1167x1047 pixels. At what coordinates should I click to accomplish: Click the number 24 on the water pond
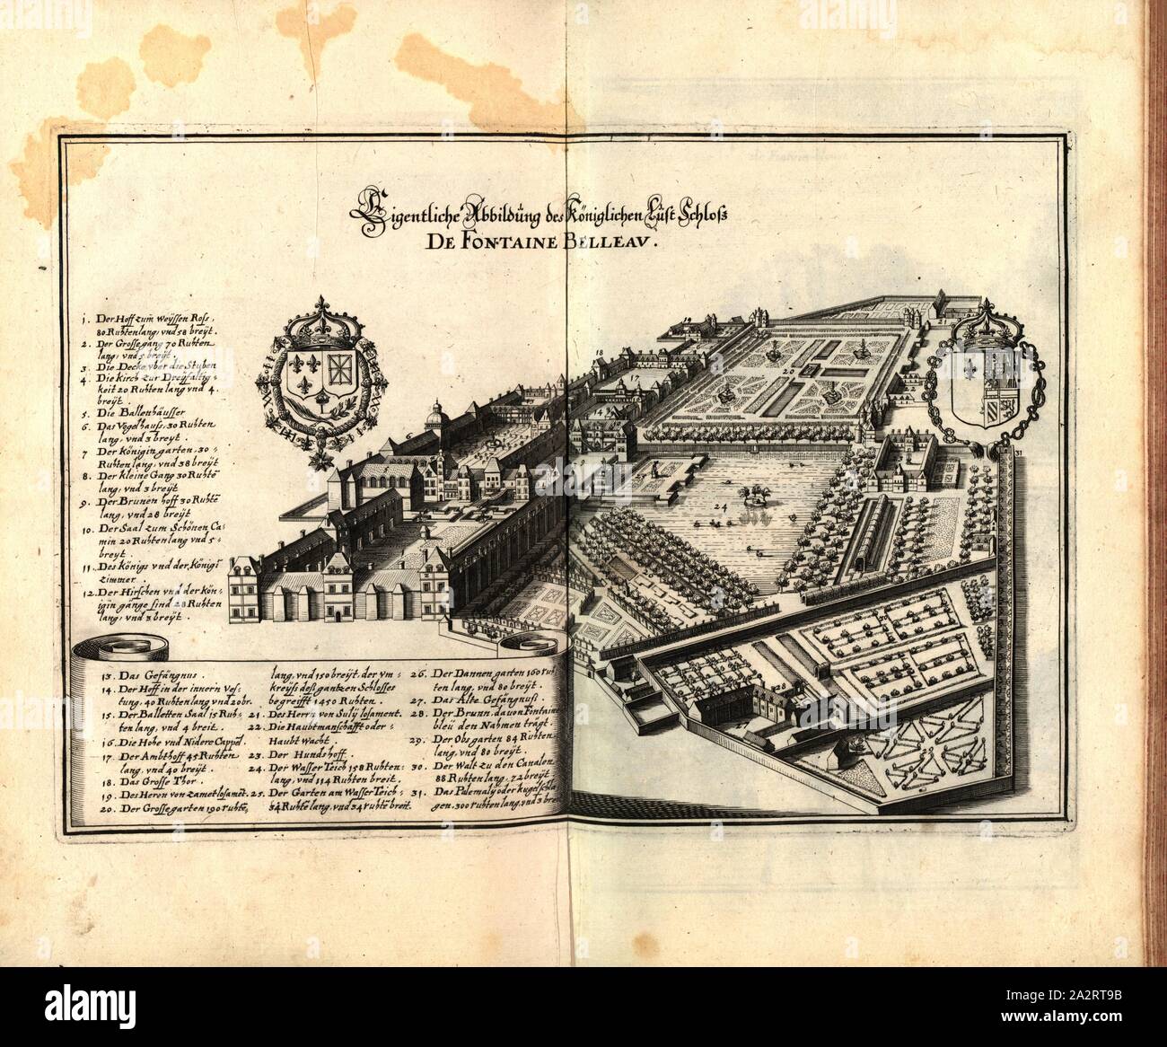coord(718,507)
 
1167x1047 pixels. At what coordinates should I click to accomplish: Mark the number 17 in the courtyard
coord(633,381)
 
